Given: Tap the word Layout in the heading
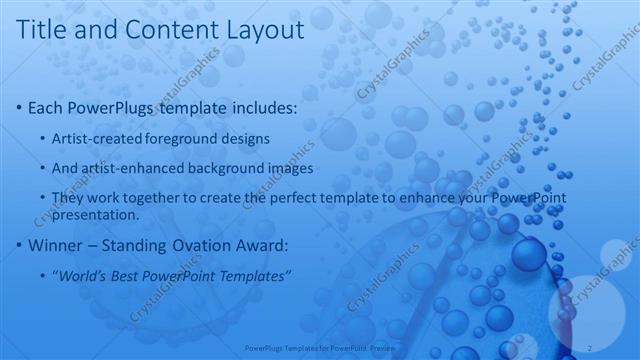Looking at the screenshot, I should point(264,31).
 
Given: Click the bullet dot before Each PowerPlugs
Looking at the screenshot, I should point(21,106).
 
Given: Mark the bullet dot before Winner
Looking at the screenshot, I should point(21,245).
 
